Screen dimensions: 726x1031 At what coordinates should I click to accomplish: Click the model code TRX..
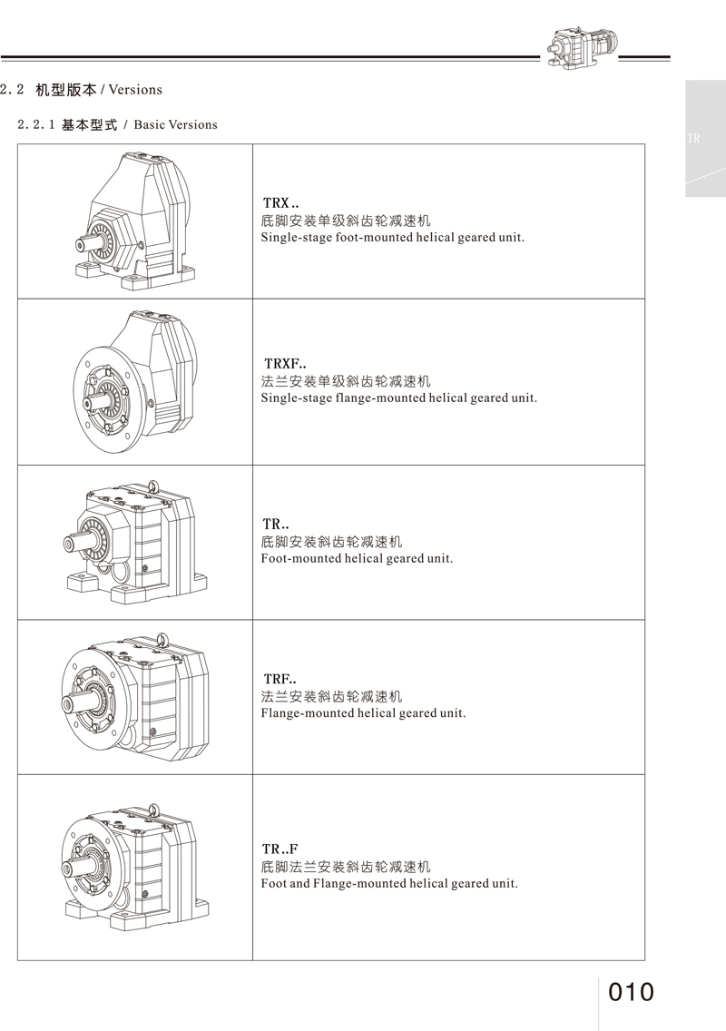tap(276, 203)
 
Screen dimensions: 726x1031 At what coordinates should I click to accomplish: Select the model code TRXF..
tap(281, 364)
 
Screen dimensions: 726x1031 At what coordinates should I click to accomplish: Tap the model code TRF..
tap(276, 679)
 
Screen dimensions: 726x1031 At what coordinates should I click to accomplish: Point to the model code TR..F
tap(280, 849)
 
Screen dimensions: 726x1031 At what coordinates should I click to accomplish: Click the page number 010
tap(631, 992)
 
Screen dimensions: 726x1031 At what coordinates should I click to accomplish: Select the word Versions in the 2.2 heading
tap(135, 90)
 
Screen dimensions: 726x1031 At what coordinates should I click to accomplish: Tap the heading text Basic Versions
tap(175, 124)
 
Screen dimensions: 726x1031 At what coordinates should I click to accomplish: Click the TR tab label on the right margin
tap(693, 139)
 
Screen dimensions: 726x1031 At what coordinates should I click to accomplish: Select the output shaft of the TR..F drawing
tap(74, 867)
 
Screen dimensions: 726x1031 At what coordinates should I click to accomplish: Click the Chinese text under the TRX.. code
tap(346, 221)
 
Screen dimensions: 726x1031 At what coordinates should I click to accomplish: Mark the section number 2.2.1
tap(36, 124)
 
